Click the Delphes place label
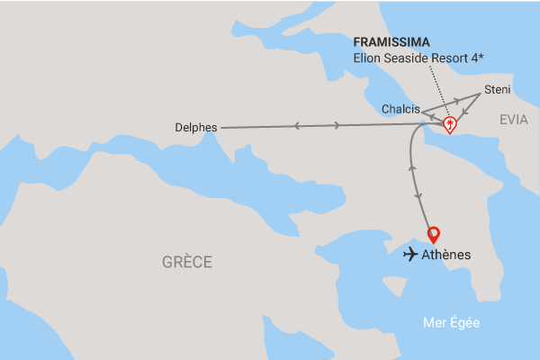pyautogui.click(x=196, y=128)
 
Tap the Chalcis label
pyautogui.click(x=400, y=109)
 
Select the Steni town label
pyautogui.click(x=498, y=89)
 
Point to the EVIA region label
pyautogui.click(x=515, y=118)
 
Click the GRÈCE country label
pyautogui.click(x=187, y=262)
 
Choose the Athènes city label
pyautogui.click(x=446, y=255)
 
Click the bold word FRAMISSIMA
pyautogui.click(x=391, y=42)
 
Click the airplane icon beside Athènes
pyautogui.click(x=411, y=255)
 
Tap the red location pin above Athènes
pyautogui.click(x=434, y=234)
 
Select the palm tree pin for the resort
pyautogui.click(x=448, y=125)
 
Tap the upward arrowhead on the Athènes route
pyautogui.click(x=412, y=167)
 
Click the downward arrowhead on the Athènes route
pyautogui.click(x=418, y=195)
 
